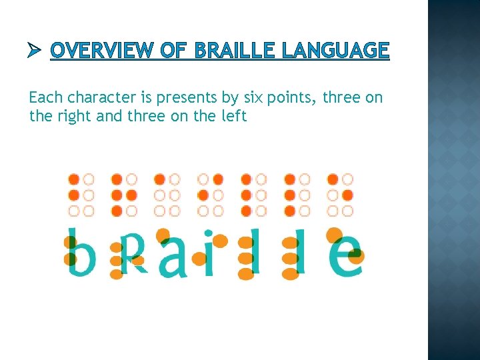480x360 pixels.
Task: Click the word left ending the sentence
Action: [234, 116]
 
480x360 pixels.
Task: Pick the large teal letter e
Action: [347, 255]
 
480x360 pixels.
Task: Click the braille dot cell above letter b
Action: [81, 195]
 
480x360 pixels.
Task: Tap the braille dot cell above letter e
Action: [340, 195]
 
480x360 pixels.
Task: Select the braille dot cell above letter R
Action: [124, 195]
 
